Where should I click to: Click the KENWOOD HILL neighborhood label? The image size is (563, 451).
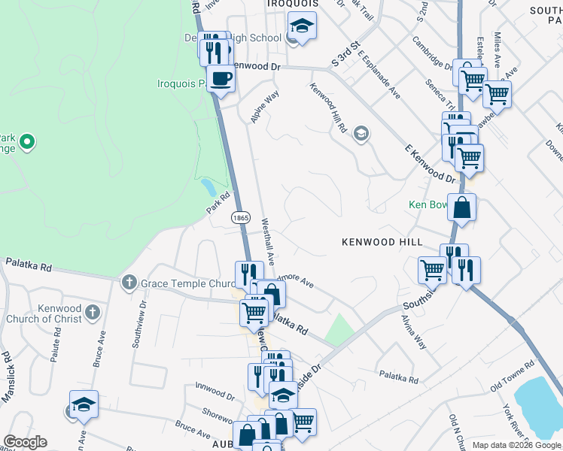coord(382,242)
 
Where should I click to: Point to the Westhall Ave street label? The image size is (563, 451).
coord(267,235)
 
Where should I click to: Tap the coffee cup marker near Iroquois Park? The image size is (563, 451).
coord(221,78)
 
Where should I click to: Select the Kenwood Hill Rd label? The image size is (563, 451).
coord(327,108)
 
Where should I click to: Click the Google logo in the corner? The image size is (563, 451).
coord(25,442)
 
